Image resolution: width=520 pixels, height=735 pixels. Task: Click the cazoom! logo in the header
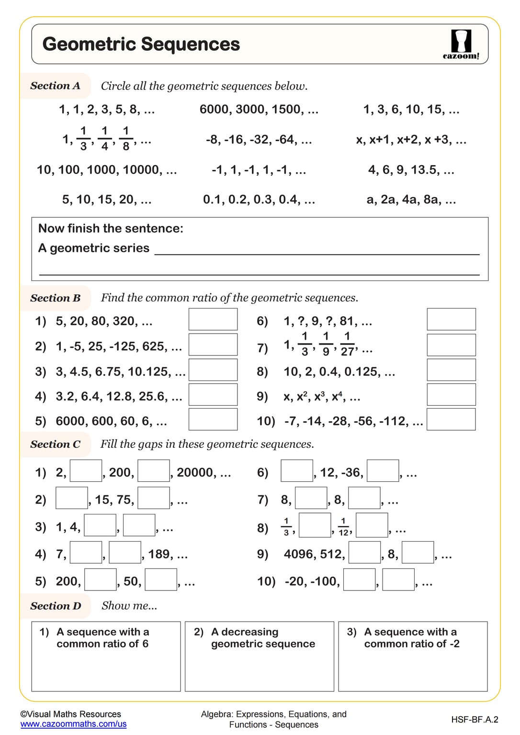click(461, 45)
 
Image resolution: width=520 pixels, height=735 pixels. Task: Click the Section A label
click(55, 86)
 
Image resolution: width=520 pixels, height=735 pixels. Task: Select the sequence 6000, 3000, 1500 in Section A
click(259, 110)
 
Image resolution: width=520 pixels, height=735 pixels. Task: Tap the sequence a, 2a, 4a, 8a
click(411, 200)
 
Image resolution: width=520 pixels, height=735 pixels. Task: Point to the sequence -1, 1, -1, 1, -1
click(259, 170)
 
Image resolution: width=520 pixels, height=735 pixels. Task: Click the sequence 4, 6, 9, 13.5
click(411, 170)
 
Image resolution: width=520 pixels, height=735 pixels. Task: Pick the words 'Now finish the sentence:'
click(111, 228)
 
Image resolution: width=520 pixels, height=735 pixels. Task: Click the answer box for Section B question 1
click(213, 319)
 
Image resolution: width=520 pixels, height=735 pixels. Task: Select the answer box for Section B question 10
click(451, 419)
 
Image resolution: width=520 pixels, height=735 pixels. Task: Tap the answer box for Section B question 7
click(451, 345)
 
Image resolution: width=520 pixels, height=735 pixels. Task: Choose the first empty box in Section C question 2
click(72, 498)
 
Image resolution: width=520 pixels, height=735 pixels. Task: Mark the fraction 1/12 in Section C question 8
click(343, 527)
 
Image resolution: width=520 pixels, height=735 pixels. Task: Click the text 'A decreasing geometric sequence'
click(262, 638)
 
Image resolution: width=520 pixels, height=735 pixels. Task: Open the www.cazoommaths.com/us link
click(73, 724)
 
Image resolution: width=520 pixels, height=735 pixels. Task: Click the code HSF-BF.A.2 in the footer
click(474, 719)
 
